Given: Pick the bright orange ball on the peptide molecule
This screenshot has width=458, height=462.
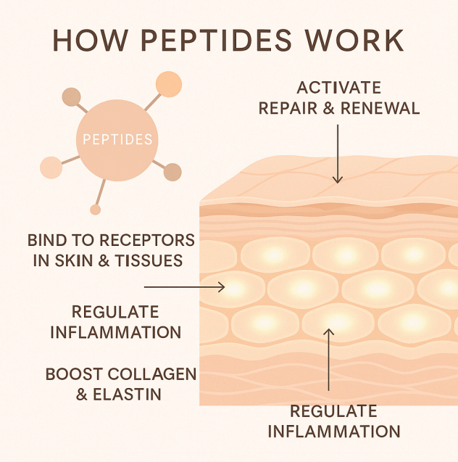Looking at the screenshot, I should pos(169,84).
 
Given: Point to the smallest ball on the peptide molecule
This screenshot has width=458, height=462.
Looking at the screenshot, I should pos(95,210).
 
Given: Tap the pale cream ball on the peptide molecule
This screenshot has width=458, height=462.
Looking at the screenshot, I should pos(51,168).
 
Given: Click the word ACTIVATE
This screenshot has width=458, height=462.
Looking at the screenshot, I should pos(339,88).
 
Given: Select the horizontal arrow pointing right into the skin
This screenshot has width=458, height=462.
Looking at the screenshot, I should pos(185,287).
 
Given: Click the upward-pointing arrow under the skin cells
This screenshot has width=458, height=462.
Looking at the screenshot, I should pos(329,363).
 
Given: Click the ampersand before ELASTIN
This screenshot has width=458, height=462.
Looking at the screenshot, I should pos(88,395).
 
